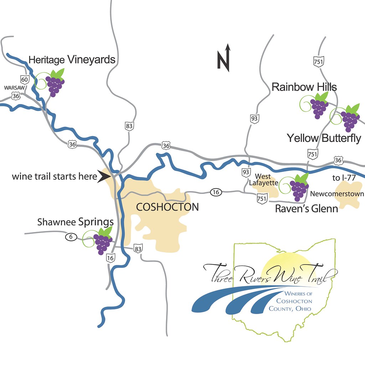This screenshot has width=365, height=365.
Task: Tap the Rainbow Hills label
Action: coord(304,87)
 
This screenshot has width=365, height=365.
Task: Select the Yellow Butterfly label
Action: coord(324,138)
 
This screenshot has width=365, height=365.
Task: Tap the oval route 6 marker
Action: coord(71,237)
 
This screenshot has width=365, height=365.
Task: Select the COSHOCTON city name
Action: coord(168,207)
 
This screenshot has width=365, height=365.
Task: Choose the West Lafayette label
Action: coord(263,179)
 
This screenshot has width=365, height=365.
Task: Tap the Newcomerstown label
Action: coord(337,194)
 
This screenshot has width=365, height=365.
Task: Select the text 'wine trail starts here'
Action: coord(55,176)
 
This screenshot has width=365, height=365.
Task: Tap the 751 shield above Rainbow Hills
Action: coord(318,61)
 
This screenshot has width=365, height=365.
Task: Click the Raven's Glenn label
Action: coord(306,209)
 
